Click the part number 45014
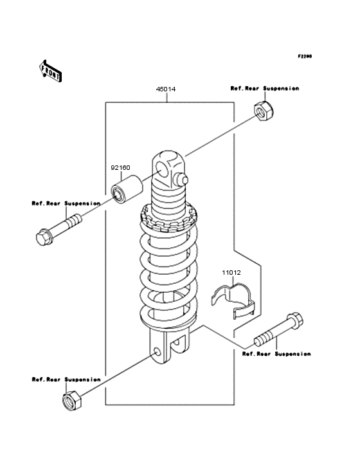click(166, 89)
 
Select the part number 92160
click(121, 167)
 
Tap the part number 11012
click(231, 273)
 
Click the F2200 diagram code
click(305, 56)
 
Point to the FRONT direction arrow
click(50, 71)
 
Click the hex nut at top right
click(264, 111)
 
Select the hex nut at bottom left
click(72, 400)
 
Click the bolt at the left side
click(59, 230)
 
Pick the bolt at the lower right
click(279, 329)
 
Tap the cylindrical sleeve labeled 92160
click(127, 190)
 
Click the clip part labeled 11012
click(233, 300)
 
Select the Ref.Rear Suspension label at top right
click(265, 88)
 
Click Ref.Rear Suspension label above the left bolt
click(66, 203)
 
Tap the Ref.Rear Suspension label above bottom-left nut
click(66, 380)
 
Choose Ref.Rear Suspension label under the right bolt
click(276, 354)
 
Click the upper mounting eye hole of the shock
click(162, 170)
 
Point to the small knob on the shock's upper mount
click(182, 180)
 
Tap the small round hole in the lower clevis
click(157, 351)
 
